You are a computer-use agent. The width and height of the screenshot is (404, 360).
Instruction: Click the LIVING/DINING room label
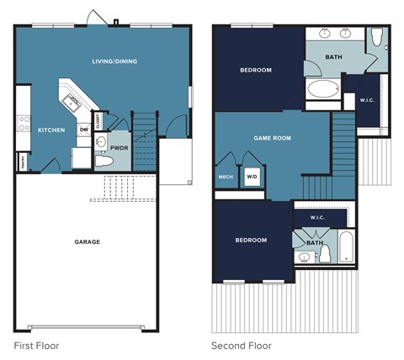[114, 61]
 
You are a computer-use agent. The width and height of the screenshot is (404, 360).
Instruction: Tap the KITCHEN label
[51, 130]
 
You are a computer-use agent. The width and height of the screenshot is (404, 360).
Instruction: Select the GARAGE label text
[87, 241]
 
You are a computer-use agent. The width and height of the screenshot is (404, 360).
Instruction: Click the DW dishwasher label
[84, 130]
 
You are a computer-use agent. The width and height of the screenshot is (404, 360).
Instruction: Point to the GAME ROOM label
[272, 136]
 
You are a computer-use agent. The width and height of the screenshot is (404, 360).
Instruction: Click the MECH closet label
[226, 177]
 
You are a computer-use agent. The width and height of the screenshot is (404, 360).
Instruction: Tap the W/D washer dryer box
[252, 177]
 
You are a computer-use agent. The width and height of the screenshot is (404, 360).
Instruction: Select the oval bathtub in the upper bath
[322, 89]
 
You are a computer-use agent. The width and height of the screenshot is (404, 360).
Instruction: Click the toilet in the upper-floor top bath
[376, 37]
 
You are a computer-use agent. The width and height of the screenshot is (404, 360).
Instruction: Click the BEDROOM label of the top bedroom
[255, 70]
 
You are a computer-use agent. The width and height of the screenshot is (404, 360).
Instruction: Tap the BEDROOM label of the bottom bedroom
[250, 240]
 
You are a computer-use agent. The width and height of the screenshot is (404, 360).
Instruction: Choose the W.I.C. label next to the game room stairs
[316, 217]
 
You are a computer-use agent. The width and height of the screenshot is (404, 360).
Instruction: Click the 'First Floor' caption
[36, 345]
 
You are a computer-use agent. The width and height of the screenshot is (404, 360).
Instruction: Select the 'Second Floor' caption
[241, 345]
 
